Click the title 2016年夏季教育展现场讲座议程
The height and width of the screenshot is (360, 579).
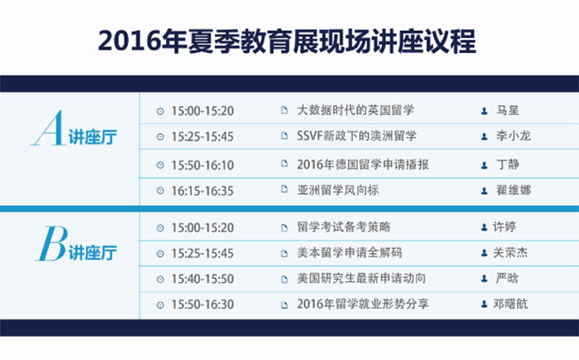coord(287,41)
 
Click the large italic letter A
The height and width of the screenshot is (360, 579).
coord(49,128)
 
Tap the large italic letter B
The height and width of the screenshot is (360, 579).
coord(51,243)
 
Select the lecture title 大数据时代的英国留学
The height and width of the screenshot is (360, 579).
coord(355,111)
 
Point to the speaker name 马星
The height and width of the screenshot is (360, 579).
coord(507,111)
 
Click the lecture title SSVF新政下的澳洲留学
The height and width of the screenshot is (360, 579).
coord(357,135)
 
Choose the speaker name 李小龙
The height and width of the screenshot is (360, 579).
coord(514,135)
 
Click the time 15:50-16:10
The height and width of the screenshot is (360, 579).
coord(202,165)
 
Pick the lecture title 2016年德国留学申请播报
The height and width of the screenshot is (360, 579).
coord(362,165)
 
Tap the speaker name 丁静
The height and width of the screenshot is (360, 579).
coord(507,164)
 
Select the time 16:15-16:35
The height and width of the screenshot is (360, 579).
coord(202,191)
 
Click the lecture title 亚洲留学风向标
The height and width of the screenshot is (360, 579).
coord(338,190)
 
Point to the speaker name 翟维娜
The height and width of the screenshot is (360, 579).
coord(514,190)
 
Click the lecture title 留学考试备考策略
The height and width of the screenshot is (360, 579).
coord(344,226)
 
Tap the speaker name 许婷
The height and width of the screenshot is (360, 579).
coord(505,226)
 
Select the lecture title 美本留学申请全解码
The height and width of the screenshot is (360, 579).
coord(349,252)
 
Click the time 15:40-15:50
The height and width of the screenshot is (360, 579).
coord(202,279)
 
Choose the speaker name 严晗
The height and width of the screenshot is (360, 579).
coord(507,278)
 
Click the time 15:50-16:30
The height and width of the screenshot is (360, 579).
coord(202,304)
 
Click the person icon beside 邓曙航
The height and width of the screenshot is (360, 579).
coord(484,303)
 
